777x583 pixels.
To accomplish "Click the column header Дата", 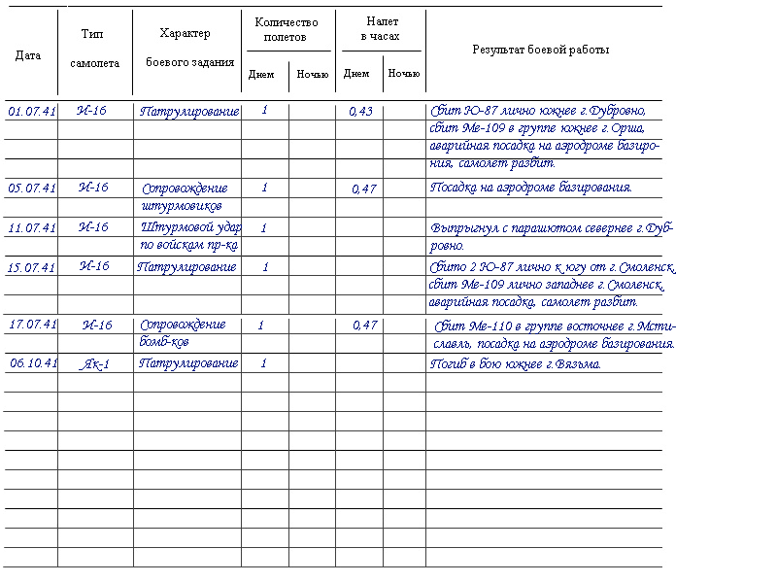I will click(x=28, y=55).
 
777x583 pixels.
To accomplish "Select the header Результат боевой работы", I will click(x=541, y=50).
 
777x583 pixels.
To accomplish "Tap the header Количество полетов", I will click(x=287, y=29).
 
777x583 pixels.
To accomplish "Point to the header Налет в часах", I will click(x=382, y=28).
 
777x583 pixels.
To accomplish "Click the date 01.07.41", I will click(x=32, y=112).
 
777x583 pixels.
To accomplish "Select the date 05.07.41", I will click(x=32, y=189).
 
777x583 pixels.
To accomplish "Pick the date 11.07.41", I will click(x=32, y=228).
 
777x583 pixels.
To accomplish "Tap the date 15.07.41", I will click(x=32, y=267).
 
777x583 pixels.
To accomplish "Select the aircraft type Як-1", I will click(x=94, y=363).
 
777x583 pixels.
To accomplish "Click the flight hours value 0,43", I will click(x=360, y=112).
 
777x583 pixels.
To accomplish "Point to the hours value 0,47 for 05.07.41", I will click(x=363, y=189).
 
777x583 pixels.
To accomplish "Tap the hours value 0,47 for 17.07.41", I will click(x=364, y=326).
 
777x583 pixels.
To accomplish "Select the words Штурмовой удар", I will click(x=190, y=227).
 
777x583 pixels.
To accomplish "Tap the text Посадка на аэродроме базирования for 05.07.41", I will click(x=530, y=188).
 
